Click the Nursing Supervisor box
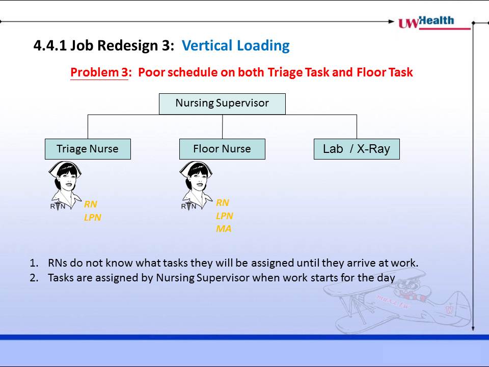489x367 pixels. point(222,104)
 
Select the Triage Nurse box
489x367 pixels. point(88,149)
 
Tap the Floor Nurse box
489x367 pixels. point(222,149)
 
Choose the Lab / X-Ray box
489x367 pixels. point(357,149)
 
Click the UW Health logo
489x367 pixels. point(434,22)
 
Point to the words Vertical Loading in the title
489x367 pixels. point(236,45)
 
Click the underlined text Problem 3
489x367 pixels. point(99,72)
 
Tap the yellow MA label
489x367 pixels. point(224,229)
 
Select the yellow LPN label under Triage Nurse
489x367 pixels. point(93,218)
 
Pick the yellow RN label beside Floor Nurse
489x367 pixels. point(223,203)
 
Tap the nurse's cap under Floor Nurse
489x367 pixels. point(196,167)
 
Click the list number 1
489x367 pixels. point(34,263)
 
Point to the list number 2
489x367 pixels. point(34,278)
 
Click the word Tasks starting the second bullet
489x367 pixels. point(61,278)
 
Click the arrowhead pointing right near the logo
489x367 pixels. point(391,21)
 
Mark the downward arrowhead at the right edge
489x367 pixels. point(473,328)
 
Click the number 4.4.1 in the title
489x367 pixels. point(50,45)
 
